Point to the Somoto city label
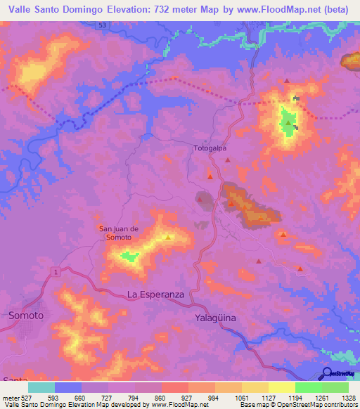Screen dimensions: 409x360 tap(26, 316)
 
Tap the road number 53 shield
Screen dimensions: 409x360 tap(103, 25)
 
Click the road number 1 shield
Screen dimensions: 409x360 tap(54, 271)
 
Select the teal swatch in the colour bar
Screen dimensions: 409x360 tap(41, 387)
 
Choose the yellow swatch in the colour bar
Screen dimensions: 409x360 tap(282, 387)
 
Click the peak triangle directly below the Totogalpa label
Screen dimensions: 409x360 tap(210, 175)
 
